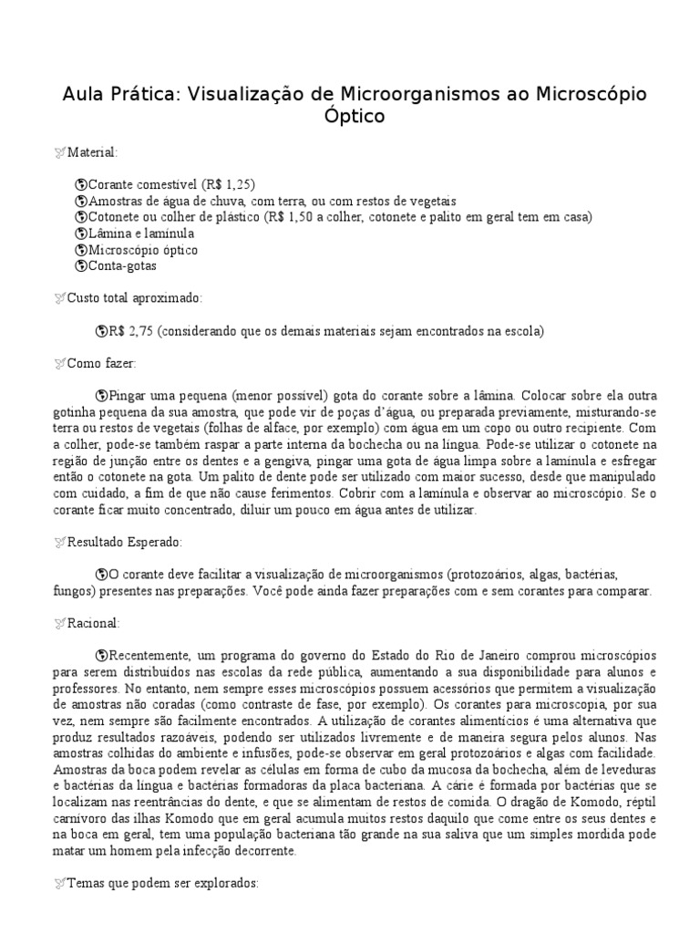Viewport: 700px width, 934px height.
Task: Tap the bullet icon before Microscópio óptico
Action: pyautogui.click(x=80, y=249)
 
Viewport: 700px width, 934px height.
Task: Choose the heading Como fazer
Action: pyautogui.click(x=100, y=364)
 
